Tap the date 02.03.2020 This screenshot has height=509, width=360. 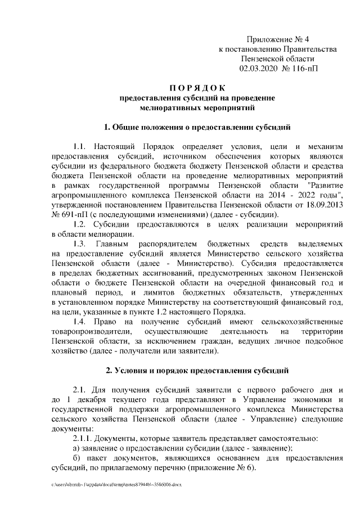pos(258,68)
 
